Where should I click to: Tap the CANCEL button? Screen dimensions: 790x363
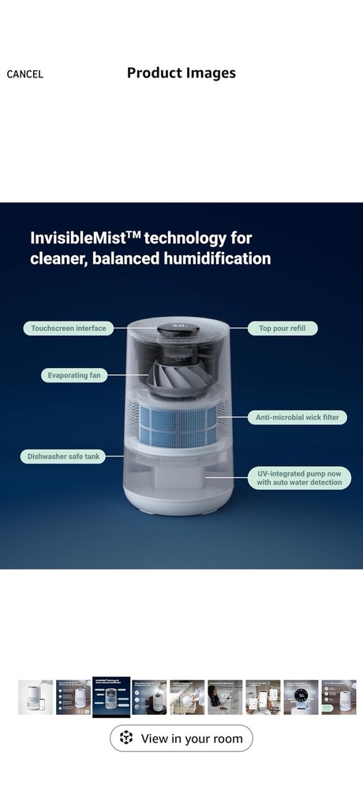pos(25,74)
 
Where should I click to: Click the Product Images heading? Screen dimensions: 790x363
pos(181,73)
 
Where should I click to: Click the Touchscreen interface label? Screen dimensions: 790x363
pos(68,328)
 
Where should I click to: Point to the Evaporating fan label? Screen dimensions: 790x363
pos(73,375)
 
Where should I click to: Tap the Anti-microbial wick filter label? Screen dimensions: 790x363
pos(297,417)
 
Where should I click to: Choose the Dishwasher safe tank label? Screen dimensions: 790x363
pos(64,456)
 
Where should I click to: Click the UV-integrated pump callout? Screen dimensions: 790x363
pos(300,477)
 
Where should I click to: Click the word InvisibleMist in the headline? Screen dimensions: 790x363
pos(74,238)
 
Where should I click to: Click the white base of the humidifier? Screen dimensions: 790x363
pos(178,498)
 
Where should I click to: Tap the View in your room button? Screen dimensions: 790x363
pos(181,739)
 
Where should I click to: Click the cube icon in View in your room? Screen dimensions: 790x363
pos(126,739)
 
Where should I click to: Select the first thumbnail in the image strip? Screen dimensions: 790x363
pos(36,697)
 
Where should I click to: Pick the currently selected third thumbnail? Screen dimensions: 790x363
pos(111,697)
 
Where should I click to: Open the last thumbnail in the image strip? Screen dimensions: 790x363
pos(339,697)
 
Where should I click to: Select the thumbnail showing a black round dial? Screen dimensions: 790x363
pos(301,697)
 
